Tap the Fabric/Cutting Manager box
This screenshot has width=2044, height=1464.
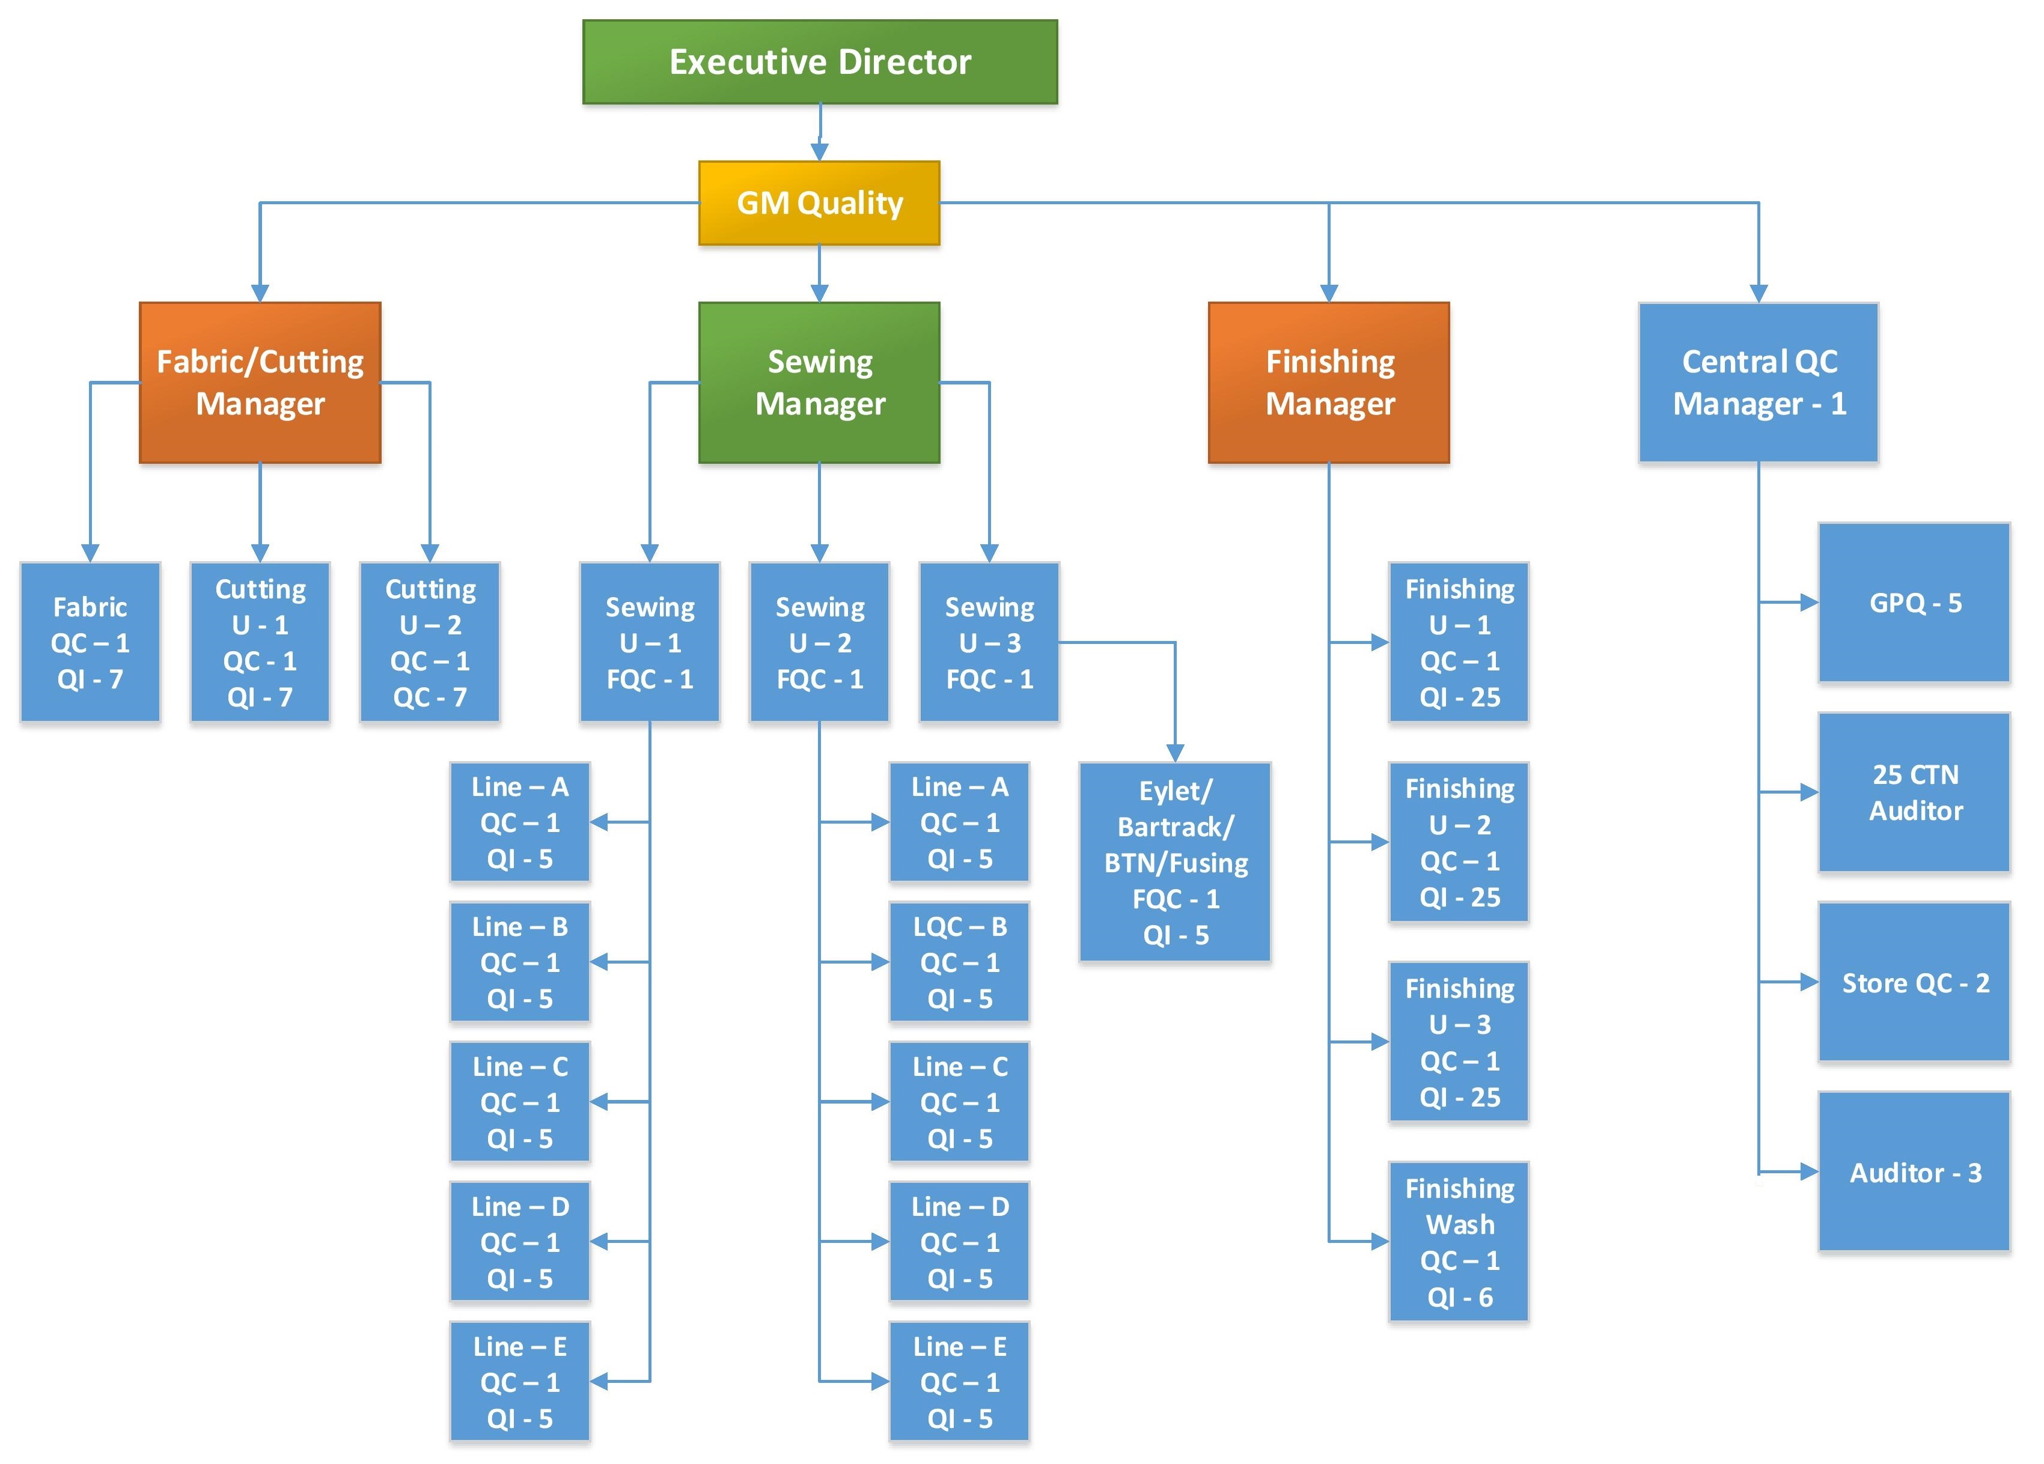[x=260, y=382]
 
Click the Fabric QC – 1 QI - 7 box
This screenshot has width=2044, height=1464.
[x=90, y=642]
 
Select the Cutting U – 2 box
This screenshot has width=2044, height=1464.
[x=430, y=642]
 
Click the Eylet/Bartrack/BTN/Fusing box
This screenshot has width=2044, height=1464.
[x=1174, y=861]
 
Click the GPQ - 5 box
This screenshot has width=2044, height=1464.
[x=1914, y=602]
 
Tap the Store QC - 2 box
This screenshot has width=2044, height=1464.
[x=1914, y=982]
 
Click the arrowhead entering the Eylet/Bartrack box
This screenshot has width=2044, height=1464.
[x=1174, y=752]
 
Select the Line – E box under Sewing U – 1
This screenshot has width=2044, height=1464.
[x=519, y=1381]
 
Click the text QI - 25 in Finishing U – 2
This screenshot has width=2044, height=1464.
[x=1459, y=898]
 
